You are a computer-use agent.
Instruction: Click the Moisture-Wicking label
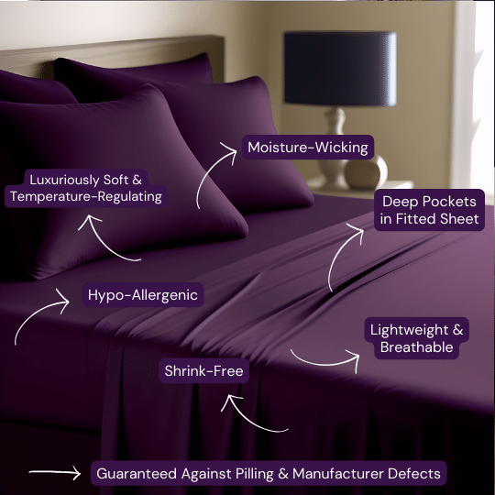pyautogui.click(x=308, y=148)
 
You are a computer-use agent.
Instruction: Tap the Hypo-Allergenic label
pyautogui.click(x=143, y=295)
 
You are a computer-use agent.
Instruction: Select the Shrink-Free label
pyautogui.click(x=203, y=370)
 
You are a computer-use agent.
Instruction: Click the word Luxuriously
pyautogui.click(x=64, y=180)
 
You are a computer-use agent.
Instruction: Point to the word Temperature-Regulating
pyautogui.click(x=86, y=196)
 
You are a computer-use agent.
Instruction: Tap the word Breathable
pyautogui.click(x=416, y=346)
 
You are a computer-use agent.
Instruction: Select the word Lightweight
pyautogui.click(x=409, y=330)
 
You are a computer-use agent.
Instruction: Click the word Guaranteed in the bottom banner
pyautogui.click(x=137, y=474)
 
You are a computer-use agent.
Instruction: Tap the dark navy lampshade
pyautogui.click(x=340, y=69)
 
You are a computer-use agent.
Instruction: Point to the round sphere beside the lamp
pyautogui.click(x=366, y=172)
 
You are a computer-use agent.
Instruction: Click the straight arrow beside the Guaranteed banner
pyautogui.click(x=55, y=473)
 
